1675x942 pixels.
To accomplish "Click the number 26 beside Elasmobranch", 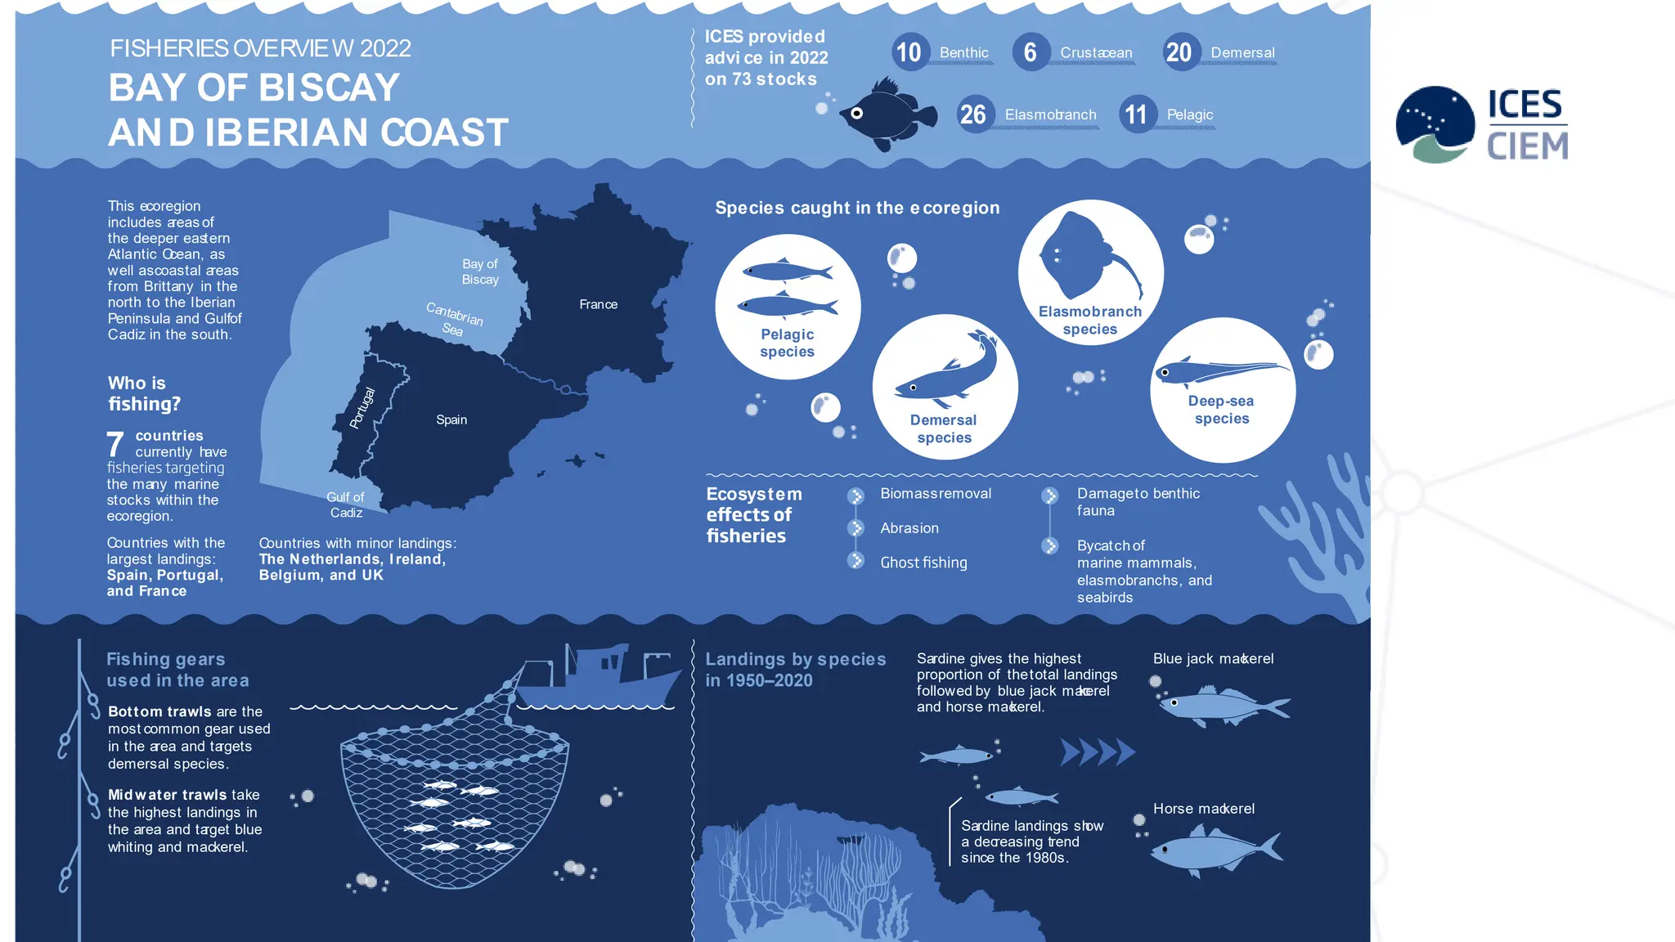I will click(x=973, y=114).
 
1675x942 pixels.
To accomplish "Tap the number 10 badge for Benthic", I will click(x=909, y=52).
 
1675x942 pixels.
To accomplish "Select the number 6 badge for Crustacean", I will click(x=1031, y=52).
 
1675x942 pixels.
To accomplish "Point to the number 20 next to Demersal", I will click(x=1179, y=52).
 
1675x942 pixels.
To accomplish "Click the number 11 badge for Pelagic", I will click(x=1136, y=114).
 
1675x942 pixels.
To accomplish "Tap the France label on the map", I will click(x=598, y=304).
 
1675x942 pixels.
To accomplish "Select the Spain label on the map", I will click(x=451, y=419).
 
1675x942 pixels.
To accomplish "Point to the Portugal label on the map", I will click(x=362, y=407).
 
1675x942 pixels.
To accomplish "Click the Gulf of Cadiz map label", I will click(x=346, y=505).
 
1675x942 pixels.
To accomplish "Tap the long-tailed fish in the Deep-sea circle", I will click(x=1219, y=372).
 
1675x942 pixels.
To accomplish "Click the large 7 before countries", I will click(x=115, y=444).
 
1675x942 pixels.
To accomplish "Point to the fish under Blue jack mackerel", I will click(x=1223, y=706).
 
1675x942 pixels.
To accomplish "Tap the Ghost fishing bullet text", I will click(x=923, y=563).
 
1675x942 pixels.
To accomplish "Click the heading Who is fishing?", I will click(x=144, y=393).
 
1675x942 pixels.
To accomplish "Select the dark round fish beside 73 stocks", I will click(x=887, y=114).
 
